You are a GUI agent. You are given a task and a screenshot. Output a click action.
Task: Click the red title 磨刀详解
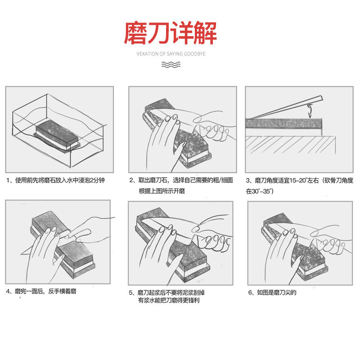click(x=170, y=32)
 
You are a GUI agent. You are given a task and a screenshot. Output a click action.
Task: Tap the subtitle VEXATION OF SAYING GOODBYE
click(x=171, y=54)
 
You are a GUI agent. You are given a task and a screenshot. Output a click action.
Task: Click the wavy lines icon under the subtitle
click(x=171, y=64)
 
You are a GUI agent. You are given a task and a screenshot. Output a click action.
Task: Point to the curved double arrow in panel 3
click(x=310, y=111)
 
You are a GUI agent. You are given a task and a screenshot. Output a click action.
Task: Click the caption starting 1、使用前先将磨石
click(x=55, y=180)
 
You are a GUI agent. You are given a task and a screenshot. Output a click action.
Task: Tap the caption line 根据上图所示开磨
click(x=162, y=191)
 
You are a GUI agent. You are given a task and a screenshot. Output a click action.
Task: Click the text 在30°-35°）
click(x=260, y=191)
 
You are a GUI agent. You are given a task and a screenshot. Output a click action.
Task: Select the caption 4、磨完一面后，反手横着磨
click(x=41, y=291)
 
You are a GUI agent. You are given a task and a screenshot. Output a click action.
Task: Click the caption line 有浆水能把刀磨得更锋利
click(x=168, y=300)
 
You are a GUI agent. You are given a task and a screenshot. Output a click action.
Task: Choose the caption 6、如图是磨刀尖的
click(x=272, y=292)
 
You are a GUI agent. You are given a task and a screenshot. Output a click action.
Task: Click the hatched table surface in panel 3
click(x=290, y=145)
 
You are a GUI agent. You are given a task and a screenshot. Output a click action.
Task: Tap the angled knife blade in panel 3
click(x=285, y=108)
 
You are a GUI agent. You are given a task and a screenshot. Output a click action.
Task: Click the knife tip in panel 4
click(x=21, y=254)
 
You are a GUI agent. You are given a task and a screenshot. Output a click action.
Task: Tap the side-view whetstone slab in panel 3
click(x=284, y=123)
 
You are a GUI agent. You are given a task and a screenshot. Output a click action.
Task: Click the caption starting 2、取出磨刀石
click(x=181, y=180)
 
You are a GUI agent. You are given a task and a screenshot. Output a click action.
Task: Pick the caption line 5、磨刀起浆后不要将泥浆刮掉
click(x=166, y=292)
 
